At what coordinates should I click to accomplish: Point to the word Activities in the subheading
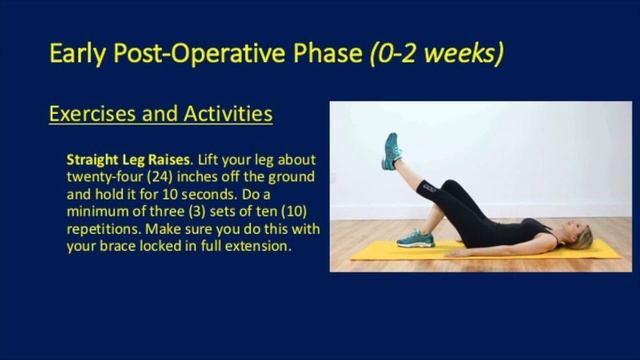click(223, 113)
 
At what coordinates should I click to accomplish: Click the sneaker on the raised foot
click(390, 151)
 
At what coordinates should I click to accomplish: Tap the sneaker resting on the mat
click(414, 238)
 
